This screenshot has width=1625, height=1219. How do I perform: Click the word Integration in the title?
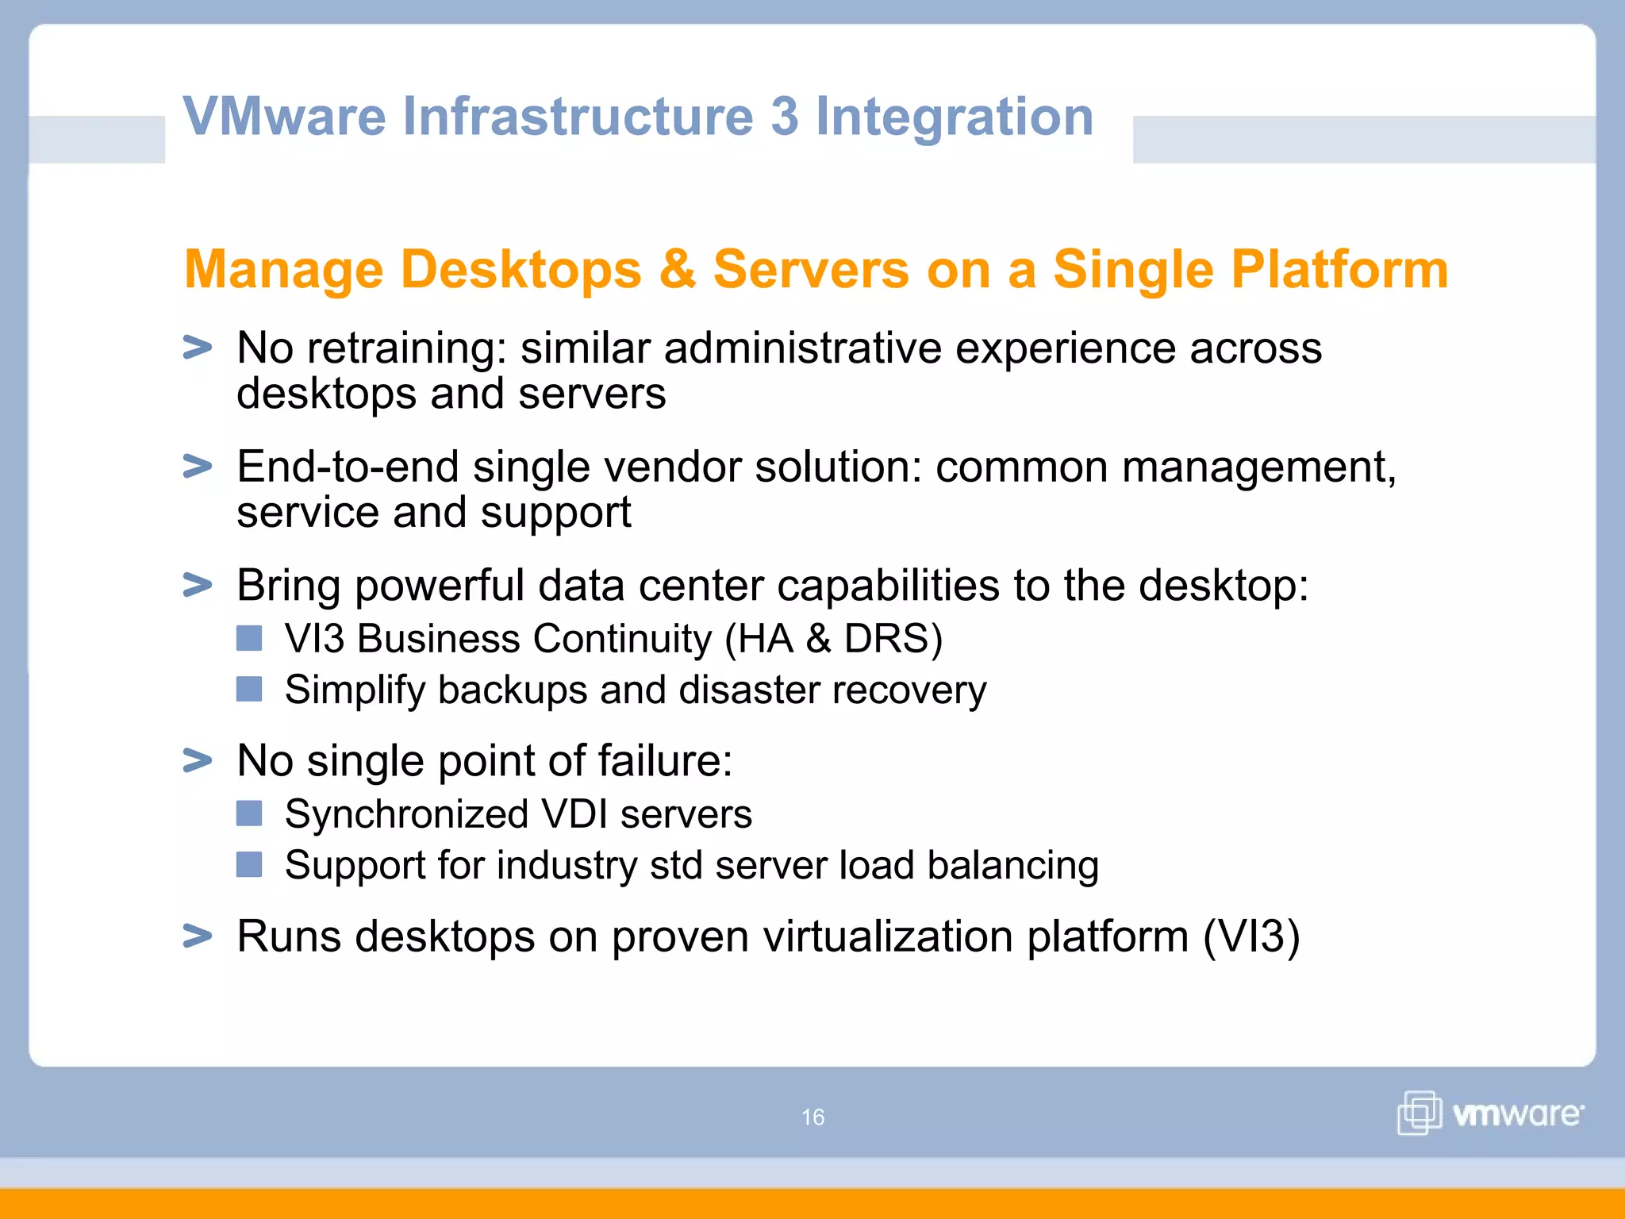pyautogui.click(x=955, y=117)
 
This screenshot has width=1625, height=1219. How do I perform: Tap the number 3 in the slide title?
pyautogui.click(x=784, y=116)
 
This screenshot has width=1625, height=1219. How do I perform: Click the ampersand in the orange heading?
pyautogui.click(x=677, y=270)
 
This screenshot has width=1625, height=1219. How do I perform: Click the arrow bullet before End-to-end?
pyautogui.click(x=198, y=466)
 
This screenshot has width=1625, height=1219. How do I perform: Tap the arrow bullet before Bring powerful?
pyautogui.click(x=198, y=585)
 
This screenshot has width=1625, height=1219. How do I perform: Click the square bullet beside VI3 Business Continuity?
pyautogui.click(x=249, y=638)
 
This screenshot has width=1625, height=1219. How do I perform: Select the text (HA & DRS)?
pyautogui.click(x=834, y=639)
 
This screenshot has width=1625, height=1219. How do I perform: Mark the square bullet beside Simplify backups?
pyautogui.click(x=249, y=689)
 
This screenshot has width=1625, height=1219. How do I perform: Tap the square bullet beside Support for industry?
pyautogui.click(x=249, y=864)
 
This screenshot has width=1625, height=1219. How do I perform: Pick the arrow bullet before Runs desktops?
pyautogui.click(x=198, y=936)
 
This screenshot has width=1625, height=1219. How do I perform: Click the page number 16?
pyautogui.click(x=812, y=1117)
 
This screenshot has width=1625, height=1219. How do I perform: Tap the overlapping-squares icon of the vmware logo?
pyautogui.click(x=1419, y=1113)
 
